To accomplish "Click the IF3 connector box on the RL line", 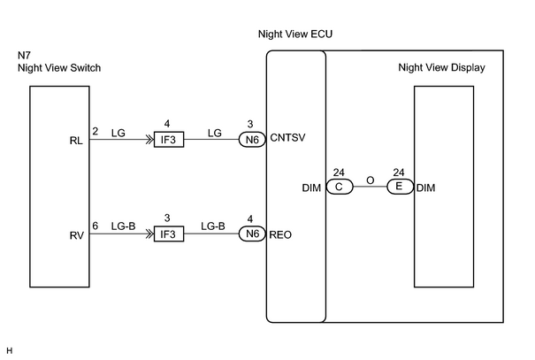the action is (169, 140).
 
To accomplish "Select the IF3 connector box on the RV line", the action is (169, 234).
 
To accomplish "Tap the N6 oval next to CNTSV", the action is (252, 140).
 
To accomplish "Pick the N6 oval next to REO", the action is (252, 234).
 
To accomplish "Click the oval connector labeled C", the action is (340, 187).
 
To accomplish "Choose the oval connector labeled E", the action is (400, 187).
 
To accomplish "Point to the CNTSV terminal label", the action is (287, 137).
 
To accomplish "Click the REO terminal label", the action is (280, 234).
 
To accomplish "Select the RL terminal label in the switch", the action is (76, 141).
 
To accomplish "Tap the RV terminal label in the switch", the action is (76, 235).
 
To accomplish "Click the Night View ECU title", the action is (295, 34).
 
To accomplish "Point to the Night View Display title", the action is (441, 67).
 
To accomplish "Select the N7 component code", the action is (24, 55).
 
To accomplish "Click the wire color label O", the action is (371, 180).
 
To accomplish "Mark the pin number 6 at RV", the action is (96, 226).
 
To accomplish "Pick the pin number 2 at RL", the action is (96, 132).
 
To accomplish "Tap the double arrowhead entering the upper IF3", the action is (149, 140).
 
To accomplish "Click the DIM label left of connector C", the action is (311, 188).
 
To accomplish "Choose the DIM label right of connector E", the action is (426, 188).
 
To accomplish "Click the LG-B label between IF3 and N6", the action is (213, 226).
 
